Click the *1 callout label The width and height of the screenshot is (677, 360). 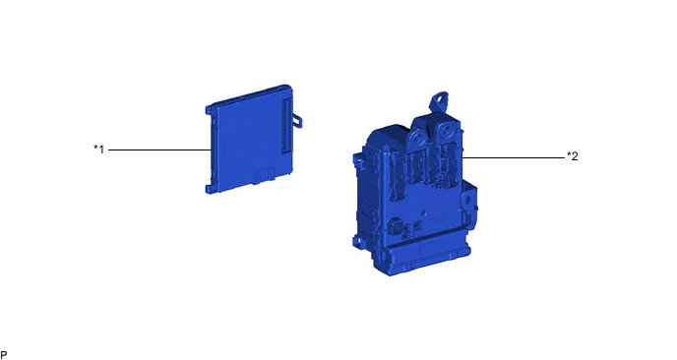(x=98, y=150)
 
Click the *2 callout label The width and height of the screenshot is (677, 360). (x=572, y=155)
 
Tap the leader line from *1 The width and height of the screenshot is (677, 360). (x=159, y=150)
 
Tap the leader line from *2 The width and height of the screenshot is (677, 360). (x=513, y=157)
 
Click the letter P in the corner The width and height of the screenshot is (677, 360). (x=4, y=355)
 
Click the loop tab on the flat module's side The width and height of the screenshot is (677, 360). (x=297, y=120)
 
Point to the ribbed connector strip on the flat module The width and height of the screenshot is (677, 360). (x=285, y=125)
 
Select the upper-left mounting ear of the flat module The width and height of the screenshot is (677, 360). (x=210, y=110)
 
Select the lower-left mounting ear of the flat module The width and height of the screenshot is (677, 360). (x=210, y=189)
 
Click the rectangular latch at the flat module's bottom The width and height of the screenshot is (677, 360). (x=265, y=175)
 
